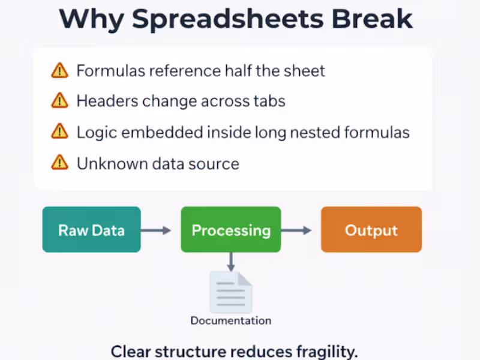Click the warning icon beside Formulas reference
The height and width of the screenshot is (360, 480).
(59, 71)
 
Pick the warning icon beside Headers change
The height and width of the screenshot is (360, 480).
(59, 101)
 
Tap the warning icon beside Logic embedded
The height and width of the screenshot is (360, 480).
(59, 131)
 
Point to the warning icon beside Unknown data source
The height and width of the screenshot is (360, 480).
(59, 162)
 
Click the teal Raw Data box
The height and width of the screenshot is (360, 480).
(91, 230)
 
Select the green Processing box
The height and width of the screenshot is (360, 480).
(231, 230)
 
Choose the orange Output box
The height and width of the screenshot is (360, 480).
(371, 230)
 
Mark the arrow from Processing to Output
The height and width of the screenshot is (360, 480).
(296, 230)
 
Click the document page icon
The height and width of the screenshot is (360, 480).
(230, 292)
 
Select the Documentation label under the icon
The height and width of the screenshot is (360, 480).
(230, 320)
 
